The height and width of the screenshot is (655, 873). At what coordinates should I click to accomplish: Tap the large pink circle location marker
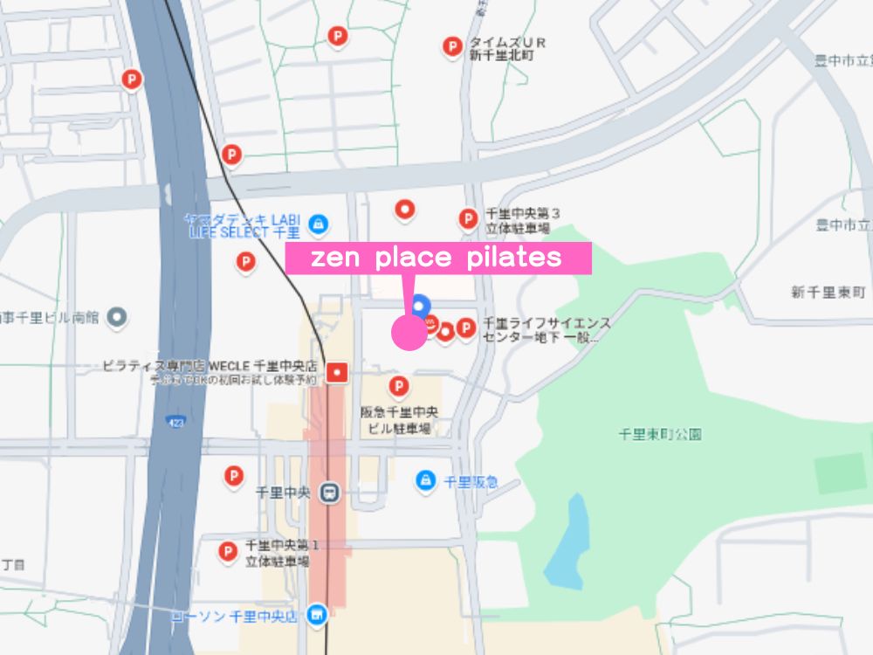click(x=409, y=333)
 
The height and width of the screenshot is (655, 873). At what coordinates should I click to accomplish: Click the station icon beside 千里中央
click(x=328, y=493)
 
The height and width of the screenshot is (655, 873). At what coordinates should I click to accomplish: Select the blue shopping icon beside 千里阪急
click(x=425, y=479)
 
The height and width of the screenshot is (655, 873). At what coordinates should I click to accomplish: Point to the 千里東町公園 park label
click(x=659, y=433)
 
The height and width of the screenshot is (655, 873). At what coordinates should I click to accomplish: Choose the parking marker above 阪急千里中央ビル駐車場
click(x=398, y=385)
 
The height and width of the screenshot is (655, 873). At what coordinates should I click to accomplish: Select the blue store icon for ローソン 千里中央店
click(x=317, y=617)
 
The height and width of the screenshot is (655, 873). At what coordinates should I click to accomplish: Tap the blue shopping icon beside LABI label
click(x=319, y=224)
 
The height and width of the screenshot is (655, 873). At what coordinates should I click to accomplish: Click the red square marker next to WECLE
click(x=337, y=373)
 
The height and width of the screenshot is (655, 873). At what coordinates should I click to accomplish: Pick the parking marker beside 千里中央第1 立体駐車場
click(x=227, y=551)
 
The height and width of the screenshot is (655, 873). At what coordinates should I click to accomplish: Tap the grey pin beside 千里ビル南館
click(x=116, y=318)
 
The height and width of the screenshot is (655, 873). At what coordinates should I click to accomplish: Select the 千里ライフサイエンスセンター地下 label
click(x=546, y=329)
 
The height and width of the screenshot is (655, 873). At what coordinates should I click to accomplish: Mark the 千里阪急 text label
click(x=471, y=481)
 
